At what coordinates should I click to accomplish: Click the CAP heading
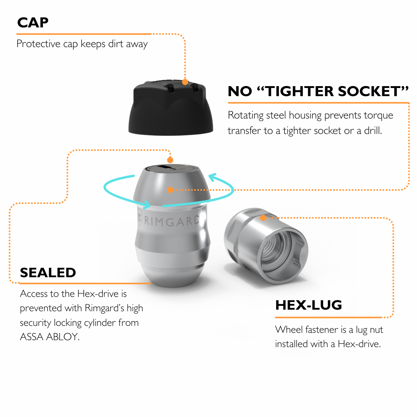33,23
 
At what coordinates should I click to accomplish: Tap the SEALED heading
48,273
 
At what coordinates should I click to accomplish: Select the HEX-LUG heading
309,305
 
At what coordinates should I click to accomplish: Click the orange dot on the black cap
185,82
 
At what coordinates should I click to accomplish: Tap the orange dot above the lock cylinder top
170,160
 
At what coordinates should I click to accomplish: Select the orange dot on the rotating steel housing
170,190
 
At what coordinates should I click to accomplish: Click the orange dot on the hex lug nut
263,218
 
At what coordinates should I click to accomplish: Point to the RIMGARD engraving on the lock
171,221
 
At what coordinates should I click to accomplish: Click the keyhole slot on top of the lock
166,168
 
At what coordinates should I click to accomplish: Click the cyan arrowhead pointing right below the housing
147,205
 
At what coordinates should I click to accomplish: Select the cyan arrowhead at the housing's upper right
212,177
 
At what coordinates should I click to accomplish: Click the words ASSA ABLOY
50,337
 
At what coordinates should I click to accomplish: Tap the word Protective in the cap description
39,44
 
